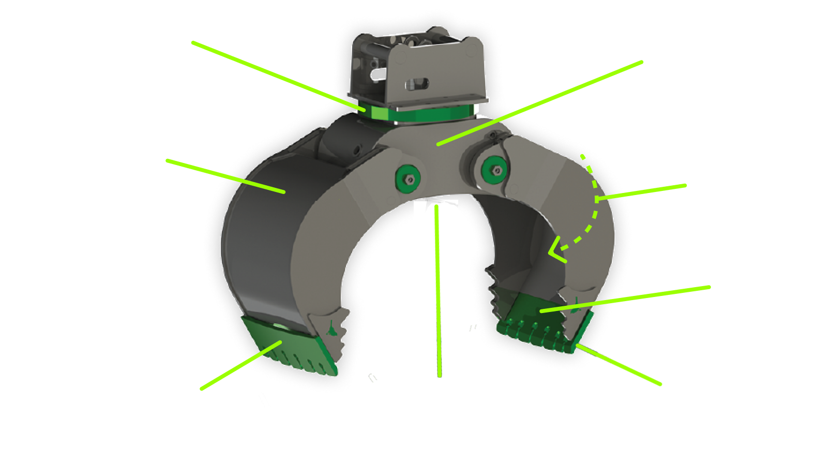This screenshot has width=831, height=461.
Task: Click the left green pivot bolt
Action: tap(408, 179)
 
